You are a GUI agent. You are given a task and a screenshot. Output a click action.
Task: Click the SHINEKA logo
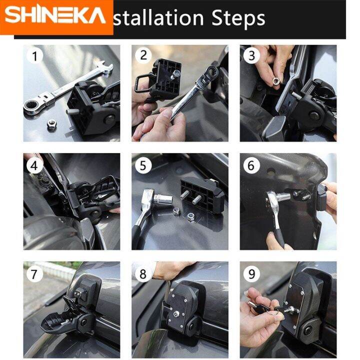56,16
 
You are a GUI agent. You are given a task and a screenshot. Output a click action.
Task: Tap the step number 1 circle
34,56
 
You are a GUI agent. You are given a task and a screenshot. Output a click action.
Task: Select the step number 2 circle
143,55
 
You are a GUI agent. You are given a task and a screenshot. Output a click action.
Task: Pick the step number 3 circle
251,55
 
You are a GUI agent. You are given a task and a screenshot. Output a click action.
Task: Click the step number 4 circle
34,164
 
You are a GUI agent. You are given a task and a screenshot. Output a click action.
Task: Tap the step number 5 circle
143,164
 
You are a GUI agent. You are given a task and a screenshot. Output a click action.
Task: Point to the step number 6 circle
251,164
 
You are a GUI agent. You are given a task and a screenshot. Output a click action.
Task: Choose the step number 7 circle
34,273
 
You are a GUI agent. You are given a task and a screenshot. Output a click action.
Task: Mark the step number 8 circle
143,273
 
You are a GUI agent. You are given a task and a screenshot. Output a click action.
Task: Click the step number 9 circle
251,273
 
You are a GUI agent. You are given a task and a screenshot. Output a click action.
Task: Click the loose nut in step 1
51,124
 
